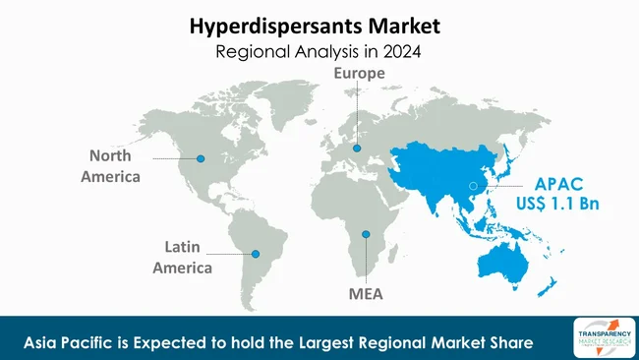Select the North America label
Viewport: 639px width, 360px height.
coord(117,166)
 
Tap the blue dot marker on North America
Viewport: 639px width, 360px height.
coord(201,159)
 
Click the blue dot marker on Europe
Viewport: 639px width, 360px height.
coord(357,149)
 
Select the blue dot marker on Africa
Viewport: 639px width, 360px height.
coord(366,234)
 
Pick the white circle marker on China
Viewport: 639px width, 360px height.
coord(472,185)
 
